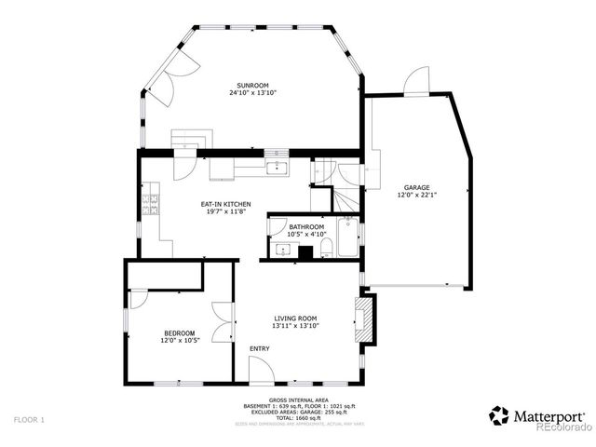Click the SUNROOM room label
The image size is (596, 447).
pos(253,86)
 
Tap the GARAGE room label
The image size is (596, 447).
pos(416,188)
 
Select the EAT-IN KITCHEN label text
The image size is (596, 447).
pos(227,203)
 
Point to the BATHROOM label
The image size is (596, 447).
pos(306,226)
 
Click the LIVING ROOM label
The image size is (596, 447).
pos(294,318)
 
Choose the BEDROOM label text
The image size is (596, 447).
pos(180,333)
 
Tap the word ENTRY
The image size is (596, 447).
pos(259,349)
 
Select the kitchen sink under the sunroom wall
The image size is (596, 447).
pos(277,168)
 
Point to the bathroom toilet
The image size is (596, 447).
pos(326,249)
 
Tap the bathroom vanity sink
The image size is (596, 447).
pos(283,250)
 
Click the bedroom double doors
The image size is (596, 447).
pos(223,322)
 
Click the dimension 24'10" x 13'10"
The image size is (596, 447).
pos(253,93)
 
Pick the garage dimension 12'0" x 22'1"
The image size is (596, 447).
pos(416,196)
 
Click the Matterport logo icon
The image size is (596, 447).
pos(500,415)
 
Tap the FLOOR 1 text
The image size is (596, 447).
pos(30,421)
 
